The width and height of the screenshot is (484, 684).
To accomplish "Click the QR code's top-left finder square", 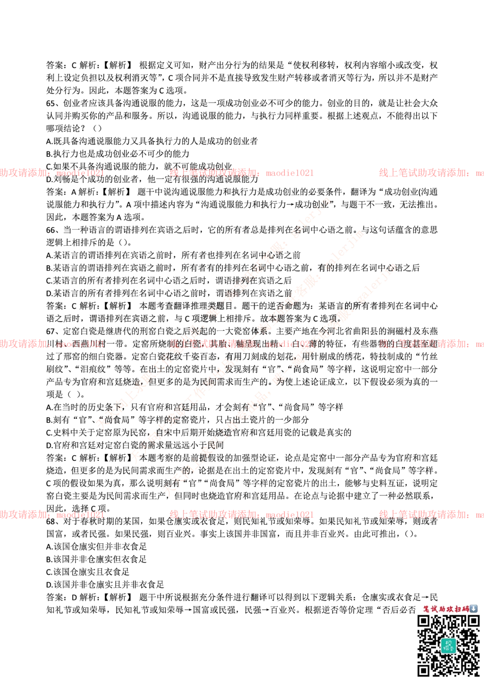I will [x=424, y=622].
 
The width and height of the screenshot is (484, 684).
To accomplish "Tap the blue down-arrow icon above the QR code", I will [x=474, y=609].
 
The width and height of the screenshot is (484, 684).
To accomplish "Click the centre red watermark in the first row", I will [x=241, y=172].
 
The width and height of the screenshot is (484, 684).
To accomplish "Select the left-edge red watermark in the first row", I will [x=51, y=172].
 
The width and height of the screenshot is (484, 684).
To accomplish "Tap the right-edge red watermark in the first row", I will [x=431, y=172].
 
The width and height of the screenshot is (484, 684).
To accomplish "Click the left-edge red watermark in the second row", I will [x=51, y=344].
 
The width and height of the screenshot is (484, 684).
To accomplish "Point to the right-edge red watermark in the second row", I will [x=431, y=344].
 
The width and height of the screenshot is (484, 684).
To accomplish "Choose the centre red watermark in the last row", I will [x=241, y=514].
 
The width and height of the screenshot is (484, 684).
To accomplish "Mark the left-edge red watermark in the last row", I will [x=51, y=514].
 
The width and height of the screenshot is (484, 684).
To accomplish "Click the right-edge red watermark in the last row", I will [x=431, y=514].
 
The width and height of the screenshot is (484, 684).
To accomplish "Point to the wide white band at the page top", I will [x=242, y=41].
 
